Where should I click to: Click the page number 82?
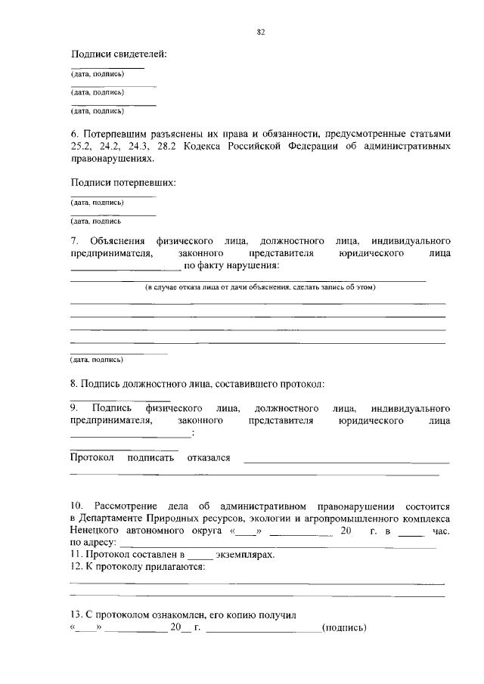coord(260,32)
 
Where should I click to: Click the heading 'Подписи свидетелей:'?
coord(119,54)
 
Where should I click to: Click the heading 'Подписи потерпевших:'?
coord(123,183)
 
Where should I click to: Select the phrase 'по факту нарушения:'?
coord(232,266)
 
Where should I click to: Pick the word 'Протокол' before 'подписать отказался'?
coord(92,457)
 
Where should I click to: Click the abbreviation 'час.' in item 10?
coord(441,531)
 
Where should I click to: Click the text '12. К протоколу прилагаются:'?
coord(138,567)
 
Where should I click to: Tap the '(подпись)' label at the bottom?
coord(344,627)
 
